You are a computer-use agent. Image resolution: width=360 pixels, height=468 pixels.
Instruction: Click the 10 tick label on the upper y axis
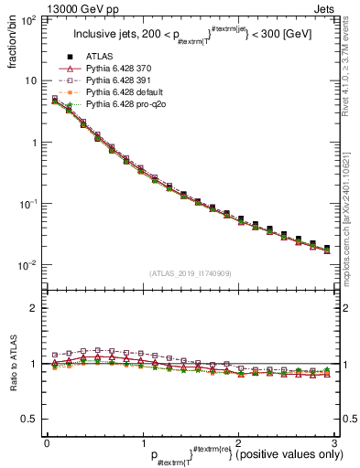[32, 80]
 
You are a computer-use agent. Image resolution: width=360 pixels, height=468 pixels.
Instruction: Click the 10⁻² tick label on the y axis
[29, 266]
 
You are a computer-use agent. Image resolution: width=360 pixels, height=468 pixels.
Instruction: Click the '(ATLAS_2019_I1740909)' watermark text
[190, 273]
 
